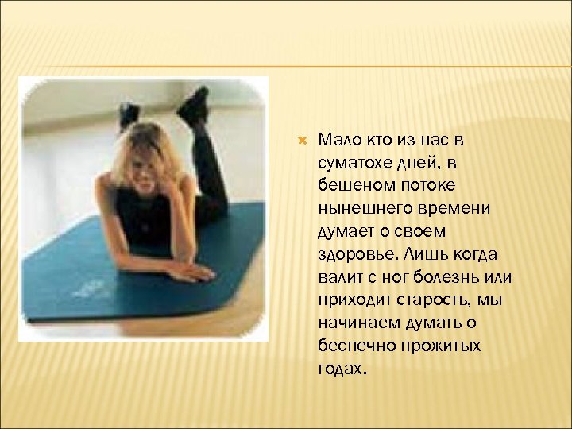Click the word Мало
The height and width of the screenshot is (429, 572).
pyautogui.click(x=338, y=140)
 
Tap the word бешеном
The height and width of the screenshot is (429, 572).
pyautogui.click(x=348, y=185)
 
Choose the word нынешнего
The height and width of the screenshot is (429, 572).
pyautogui.click(x=354, y=208)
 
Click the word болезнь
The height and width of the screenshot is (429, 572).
pyautogui.click(x=446, y=278)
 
